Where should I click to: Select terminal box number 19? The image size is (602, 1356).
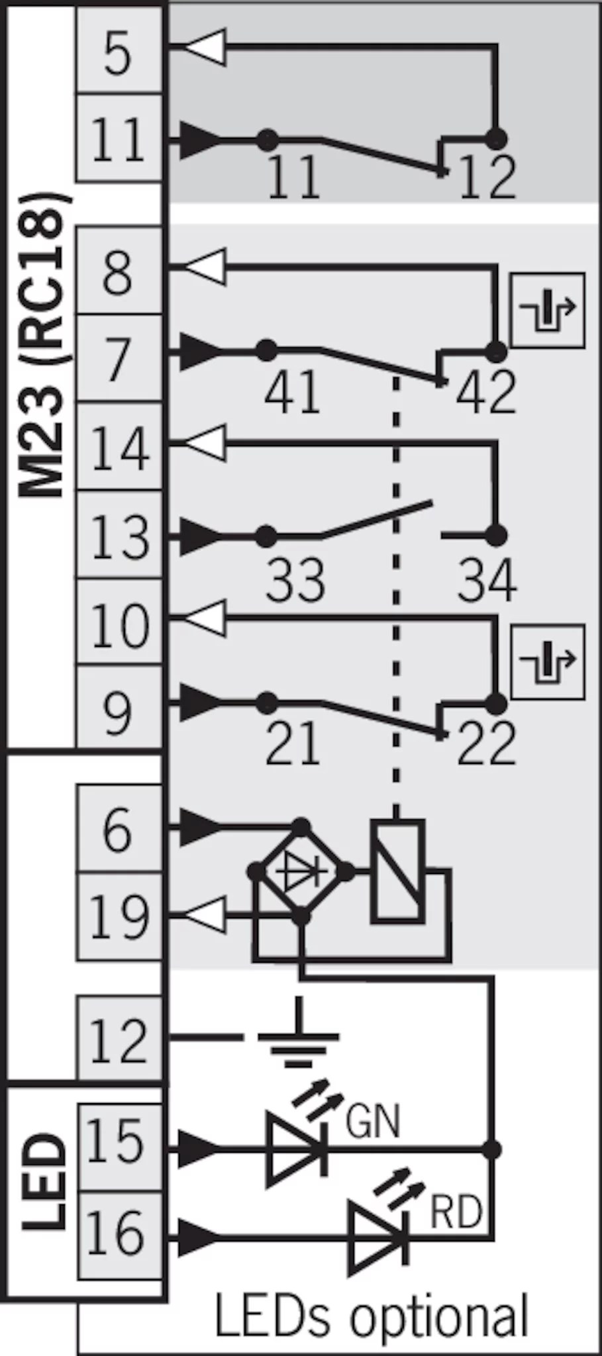click(x=119, y=916)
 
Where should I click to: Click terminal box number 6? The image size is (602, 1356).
click(x=119, y=829)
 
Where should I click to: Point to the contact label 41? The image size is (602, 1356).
click(x=292, y=391)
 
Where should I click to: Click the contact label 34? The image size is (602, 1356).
click(x=487, y=580)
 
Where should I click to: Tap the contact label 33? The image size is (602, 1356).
click(x=295, y=580)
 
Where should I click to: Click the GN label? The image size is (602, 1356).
click(x=373, y=1122)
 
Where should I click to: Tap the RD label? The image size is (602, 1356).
click(x=456, y=1211)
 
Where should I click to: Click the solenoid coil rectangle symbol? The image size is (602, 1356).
click(x=397, y=871)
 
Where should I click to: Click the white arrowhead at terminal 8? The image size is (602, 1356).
click(x=205, y=267)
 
